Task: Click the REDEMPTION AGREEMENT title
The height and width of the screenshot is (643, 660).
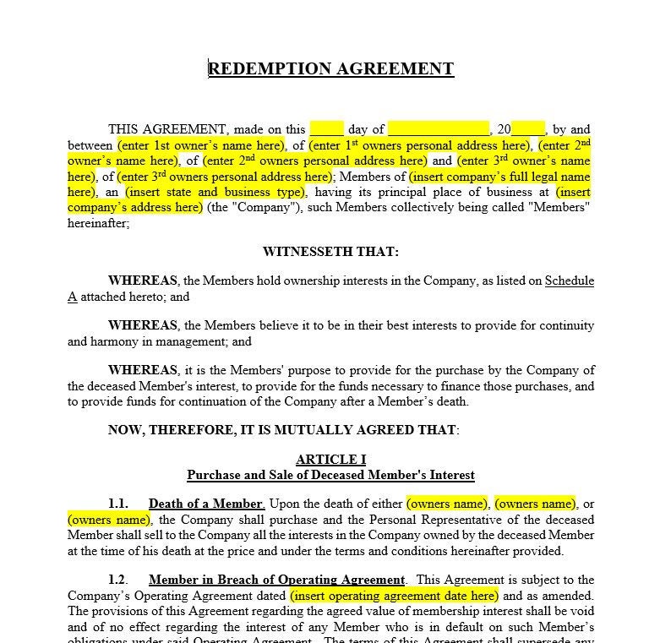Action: tap(330, 69)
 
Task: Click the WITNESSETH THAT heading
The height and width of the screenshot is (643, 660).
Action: tap(330, 252)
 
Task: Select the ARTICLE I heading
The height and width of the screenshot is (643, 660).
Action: tap(330, 460)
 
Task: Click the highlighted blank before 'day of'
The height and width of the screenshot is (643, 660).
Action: tap(326, 130)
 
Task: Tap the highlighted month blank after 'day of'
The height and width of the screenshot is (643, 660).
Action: tap(438, 130)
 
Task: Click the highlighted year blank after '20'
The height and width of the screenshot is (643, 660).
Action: tap(528, 130)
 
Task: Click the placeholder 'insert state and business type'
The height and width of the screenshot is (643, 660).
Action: tap(214, 192)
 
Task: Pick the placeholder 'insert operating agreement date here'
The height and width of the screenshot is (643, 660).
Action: tap(394, 596)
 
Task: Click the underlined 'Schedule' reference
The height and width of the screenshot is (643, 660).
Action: tap(569, 281)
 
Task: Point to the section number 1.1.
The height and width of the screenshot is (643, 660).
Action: tap(118, 504)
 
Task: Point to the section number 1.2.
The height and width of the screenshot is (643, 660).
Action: tap(118, 580)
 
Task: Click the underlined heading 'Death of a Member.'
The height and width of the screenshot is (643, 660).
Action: tap(206, 504)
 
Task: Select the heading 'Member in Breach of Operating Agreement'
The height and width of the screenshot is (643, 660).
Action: tap(276, 580)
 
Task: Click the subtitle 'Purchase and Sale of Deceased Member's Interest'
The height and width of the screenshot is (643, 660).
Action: tap(330, 475)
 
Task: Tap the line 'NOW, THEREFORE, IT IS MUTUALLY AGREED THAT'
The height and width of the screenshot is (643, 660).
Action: tap(283, 430)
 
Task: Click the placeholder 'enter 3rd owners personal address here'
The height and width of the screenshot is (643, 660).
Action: tap(224, 177)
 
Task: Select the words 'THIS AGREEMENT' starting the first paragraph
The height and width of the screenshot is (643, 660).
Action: tap(167, 130)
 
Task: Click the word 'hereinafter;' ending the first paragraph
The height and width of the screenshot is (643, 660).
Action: tap(98, 223)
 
